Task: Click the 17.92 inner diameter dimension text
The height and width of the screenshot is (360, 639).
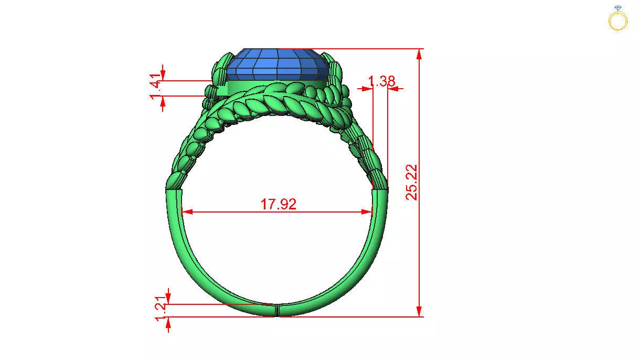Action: [279, 204]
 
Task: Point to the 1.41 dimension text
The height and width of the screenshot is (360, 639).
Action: [155, 88]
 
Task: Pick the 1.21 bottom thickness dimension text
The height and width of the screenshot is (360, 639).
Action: [162, 311]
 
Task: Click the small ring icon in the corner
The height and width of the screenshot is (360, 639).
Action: [617, 19]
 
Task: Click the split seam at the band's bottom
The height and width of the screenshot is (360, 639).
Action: [276, 310]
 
